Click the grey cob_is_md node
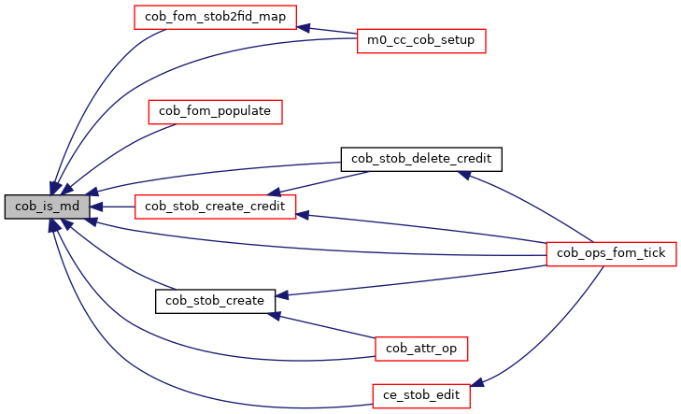click(48, 207)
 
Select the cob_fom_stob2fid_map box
click(215, 17)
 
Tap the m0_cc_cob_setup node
click(420, 41)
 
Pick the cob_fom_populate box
click(215, 111)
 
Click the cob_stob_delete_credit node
click(421, 159)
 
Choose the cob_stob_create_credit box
click(215, 206)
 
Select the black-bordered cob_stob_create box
click(215, 300)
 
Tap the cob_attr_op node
click(420, 348)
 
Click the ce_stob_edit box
click(420, 395)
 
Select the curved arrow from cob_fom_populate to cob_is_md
click(112, 154)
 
